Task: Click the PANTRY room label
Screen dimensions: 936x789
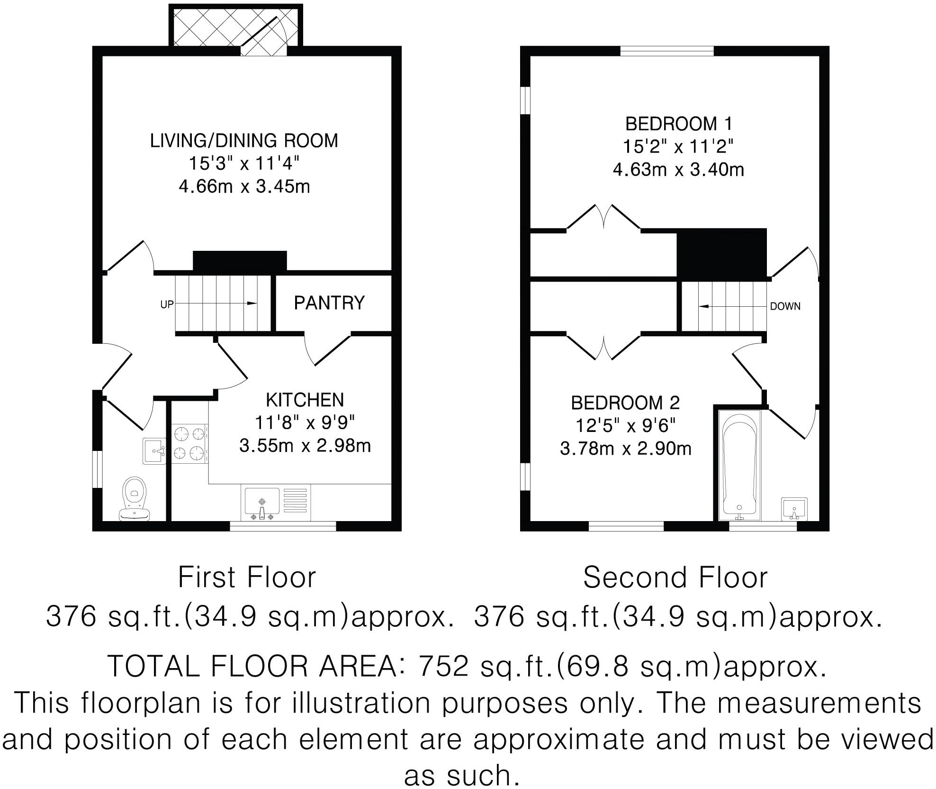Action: (x=329, y=303)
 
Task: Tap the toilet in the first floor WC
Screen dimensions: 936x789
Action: (x=135, y=498)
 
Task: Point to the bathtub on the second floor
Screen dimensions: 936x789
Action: (x=739, y=465)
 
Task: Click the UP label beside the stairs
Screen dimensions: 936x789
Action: (x=167, y=305)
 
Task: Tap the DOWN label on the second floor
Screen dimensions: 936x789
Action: (x=785, y=306)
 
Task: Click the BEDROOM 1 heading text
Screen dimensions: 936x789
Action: (x=678, y=124)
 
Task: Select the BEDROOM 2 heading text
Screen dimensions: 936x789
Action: (x=625, y=403)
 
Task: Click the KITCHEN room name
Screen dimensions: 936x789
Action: (x=305, y=400)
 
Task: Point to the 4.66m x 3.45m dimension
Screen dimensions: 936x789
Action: (x=244, y=186)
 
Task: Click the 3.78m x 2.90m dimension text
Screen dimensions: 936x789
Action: (x=625, y=448)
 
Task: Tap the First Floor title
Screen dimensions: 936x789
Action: (x=246, y=578)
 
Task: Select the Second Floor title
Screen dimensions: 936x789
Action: (x=675, y=578)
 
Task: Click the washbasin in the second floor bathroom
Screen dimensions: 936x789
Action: (x=794, y=509)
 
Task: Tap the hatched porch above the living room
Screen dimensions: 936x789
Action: (x=235, y=27)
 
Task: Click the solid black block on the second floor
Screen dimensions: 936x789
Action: (x=721, y=253)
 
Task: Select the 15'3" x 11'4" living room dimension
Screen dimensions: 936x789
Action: (x=244, y=164)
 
